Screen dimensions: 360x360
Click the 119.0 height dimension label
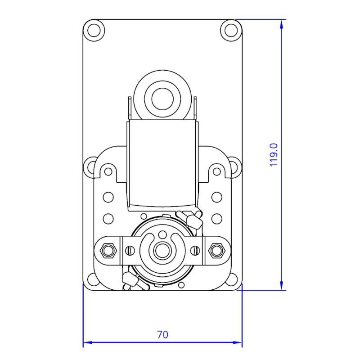[274, 155]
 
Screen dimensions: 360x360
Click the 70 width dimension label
[162, 335]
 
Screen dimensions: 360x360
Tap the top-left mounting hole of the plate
[94, 30]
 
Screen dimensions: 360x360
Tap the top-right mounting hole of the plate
[231, 30]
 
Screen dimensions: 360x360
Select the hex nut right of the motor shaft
[217, 250]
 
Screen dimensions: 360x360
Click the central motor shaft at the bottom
[162, 251]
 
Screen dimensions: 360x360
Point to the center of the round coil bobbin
[162, 99]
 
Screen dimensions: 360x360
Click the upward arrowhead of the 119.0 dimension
[282, 24]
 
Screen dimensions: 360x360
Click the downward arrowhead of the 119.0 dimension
[282, 286]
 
